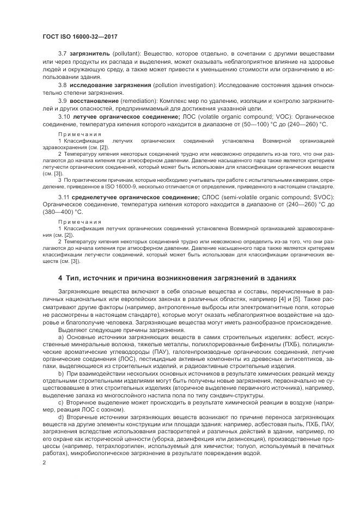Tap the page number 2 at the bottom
pyautogui.click(x=45, y=462)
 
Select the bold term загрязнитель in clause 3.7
pyautogui.click(x=89, y=54)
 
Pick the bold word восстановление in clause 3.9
pyautogui.click(x=95, y=101)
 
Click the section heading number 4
pyautogui.click(x=60, y=277)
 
